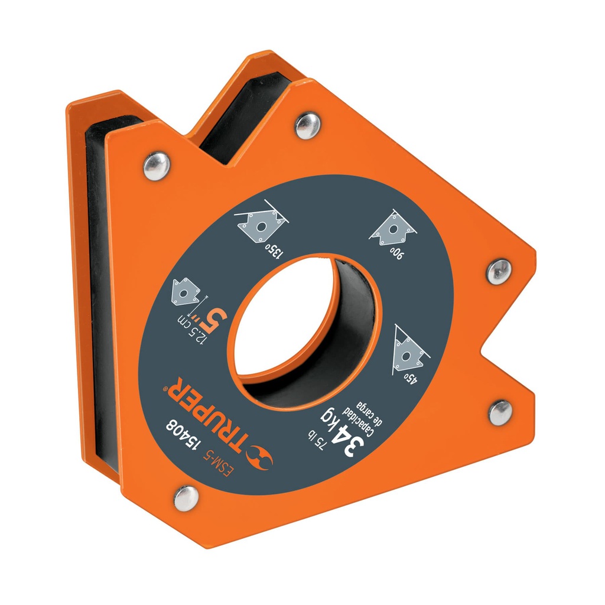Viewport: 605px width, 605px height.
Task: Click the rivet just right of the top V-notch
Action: click(307, 126)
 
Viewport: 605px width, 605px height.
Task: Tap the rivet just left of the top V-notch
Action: click(157, 165)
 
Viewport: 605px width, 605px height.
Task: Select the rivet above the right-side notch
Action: click(499, 272)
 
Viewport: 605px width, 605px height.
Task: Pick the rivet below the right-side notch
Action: click(500, 412)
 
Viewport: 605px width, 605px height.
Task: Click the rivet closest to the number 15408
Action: click(187, 497)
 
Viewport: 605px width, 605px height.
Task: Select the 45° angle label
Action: click(410, 376)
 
